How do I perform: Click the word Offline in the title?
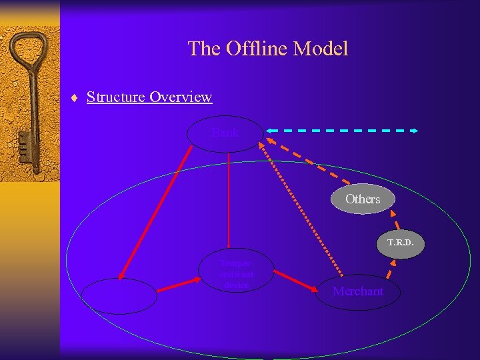pyautogui.click(x=251, y=49)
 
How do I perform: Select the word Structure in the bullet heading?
pyautogui.click(x=116, y=97)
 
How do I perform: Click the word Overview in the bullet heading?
pyautogui.click(x=181, y=97)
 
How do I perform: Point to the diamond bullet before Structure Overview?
pyautogui.click(x=75, y=98)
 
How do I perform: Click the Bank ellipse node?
pyautogui.click(x=225, y=133)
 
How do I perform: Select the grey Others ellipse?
pyautogui.click(x=363, y=199)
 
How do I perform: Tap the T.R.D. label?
pyautogui.click(x=401, y=243)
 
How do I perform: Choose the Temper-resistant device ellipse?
pyautogui.click(x=237, y=270)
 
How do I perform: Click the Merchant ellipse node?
pyautogui.click(x=358, y=291)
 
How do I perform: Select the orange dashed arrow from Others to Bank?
pyautogui.click(x=307, y=160)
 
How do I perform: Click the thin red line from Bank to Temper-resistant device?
pyautogui.click(x=228, y=200)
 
